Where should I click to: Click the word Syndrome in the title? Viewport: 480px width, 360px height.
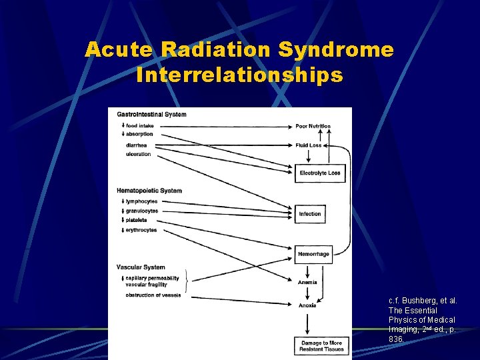tap(336, 50)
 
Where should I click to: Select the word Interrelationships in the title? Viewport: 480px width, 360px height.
tap(239, 75)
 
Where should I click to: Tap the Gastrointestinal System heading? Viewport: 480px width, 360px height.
tap(151, 114)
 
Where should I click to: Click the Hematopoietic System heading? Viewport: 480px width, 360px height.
tap(149, 191)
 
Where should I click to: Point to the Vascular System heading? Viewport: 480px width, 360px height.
tap(141, 267)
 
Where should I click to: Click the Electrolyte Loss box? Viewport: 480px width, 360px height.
tap(320, 173)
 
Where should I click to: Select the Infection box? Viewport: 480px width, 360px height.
tap(310, 214)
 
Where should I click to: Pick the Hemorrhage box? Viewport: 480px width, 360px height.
tap(313, 254)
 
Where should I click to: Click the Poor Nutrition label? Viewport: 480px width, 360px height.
tap(313, 126)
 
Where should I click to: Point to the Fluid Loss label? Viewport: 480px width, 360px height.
tap(309, 145)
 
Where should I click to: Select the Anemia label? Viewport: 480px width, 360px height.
tap(307, 282)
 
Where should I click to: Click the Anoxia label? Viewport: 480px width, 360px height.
tap(307, 305)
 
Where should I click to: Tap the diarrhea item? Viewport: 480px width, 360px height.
tap(137, 145)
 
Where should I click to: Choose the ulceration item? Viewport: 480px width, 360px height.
tap(138, 154)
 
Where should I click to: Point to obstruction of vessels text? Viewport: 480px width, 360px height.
tap(153, 295)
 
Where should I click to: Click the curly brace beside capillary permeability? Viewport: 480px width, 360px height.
tap(185, 281)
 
